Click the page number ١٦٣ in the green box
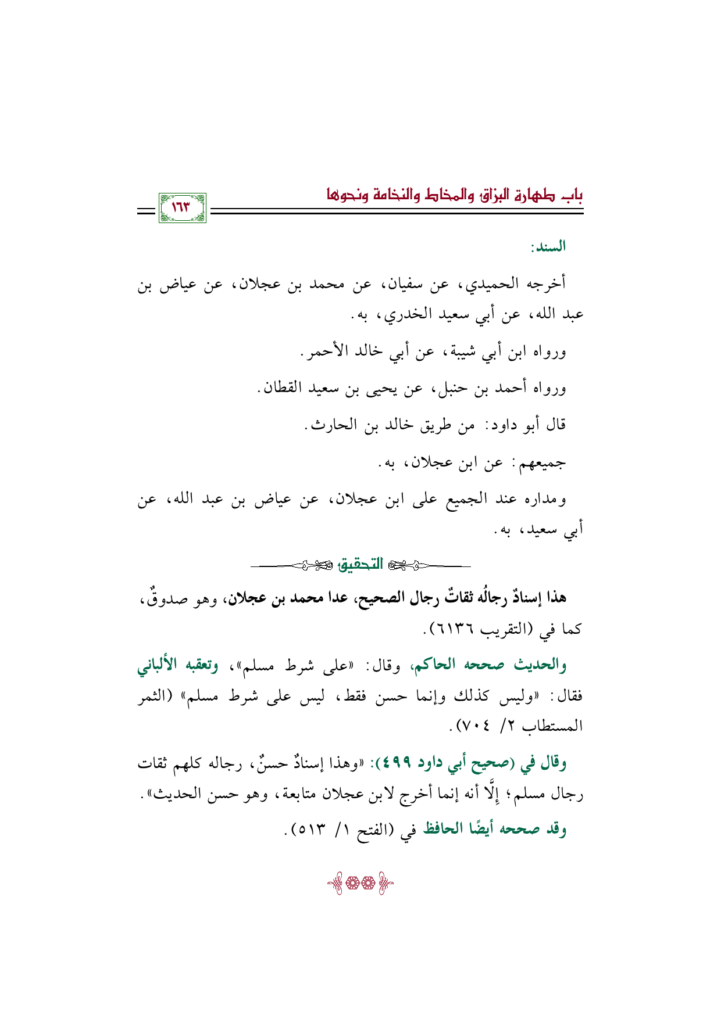click(182, 207)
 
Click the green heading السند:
click(548, 247)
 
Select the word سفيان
click(405, 284)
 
